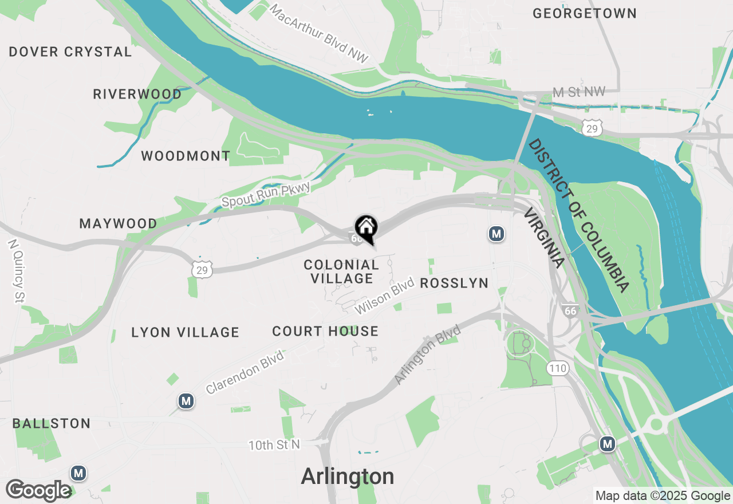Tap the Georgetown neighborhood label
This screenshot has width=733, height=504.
pyautogui.click(x=584, y=13)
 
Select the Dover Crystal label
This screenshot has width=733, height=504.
pyautogui.click(x=70, y=52)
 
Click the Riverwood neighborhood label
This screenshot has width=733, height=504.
pyautogui.click(x=137, y=94)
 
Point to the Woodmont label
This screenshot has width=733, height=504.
pyautogui.click(x=186, y=156)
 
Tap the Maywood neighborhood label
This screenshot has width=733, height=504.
pyautogui.click(x=118, y=223)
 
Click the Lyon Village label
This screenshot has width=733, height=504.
pyautogui.click(x=185, y=332)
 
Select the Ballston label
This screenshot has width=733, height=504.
pyautogui.click(x=52, y=424)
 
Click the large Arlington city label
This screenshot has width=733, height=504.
pyautogui.click(x=348, y=477)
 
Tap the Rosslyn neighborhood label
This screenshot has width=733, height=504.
pyautogui.click(x=454, y=283)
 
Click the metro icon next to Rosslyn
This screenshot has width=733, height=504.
pyautogui.click(x=496, y=234)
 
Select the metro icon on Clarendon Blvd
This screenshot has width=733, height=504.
pyautogui.click(x=186, y=401)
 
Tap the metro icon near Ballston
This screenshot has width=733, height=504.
pyautogui.click(x=78, y=473)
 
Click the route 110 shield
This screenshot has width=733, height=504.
pyautogui.click(x=557, y=368)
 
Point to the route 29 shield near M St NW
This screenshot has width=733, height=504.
pyautogui.click(x=592, y=129)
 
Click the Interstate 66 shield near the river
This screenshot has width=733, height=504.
pyautogui.click(x=570, y=310)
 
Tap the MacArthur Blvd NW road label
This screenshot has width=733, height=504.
pyautogui.click(x=318, y=34)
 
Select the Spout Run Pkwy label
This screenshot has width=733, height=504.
pyautogui.click(x=266, y=194)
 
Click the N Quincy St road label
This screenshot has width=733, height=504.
pyautogui.click(x=16, y=270)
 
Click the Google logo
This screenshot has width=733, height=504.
pyautogui.click(x=38, y=490)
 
